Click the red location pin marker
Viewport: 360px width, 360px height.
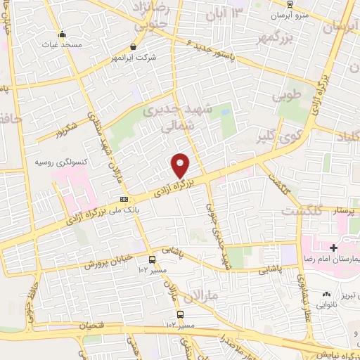[181, 165]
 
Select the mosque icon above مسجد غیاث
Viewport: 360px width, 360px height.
[62, 34]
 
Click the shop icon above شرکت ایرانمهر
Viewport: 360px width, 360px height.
[134, 46]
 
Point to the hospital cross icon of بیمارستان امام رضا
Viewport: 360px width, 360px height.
[333, 247]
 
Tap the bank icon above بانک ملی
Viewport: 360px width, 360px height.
[124, 199]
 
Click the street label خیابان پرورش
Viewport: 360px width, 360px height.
[109, 261]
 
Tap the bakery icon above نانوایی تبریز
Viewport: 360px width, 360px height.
[325, 294]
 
